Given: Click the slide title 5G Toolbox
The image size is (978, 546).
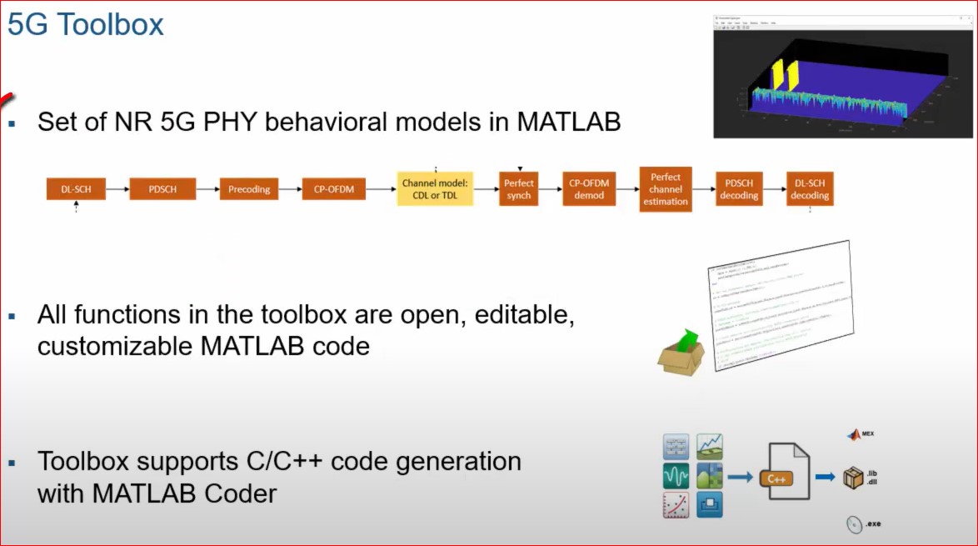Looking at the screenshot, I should click(x=86, y=23).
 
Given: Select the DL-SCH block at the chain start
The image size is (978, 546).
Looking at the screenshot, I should click(x=76, y=189).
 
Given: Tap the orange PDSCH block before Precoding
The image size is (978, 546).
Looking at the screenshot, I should click(x=162, y=189).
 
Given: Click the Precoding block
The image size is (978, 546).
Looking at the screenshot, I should click(x=249, y=189).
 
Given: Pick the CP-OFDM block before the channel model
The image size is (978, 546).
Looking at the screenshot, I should click(x=333, y=189).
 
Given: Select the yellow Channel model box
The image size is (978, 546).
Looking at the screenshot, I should click(x=435, y=189).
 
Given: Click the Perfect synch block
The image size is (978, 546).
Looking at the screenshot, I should click(x=518, y=189).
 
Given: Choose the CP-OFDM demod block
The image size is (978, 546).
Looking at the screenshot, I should click(x=589, y=189).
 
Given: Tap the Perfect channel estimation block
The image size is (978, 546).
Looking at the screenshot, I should click(x=666, y=189).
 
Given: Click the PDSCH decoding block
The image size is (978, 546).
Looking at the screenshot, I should click(x=739, y=189).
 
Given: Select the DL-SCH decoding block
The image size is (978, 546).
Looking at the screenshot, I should click(x=810, y=189).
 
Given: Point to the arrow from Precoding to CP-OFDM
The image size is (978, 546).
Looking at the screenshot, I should click(x=290, y=189).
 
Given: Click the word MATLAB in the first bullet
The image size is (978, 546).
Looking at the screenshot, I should click(x=569, y=122).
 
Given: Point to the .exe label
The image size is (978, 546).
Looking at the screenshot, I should click(x=872, y=524).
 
